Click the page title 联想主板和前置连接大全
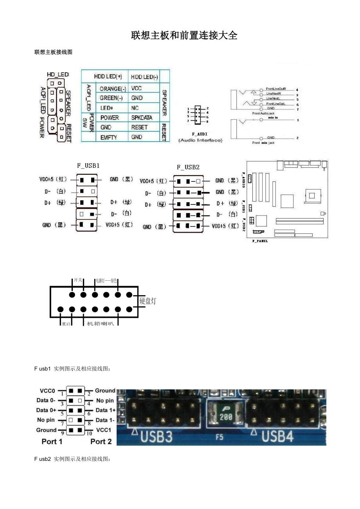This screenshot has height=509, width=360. coord(184,36)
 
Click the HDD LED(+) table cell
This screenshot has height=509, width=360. coord(108,77)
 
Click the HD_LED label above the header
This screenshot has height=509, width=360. coord(58,74)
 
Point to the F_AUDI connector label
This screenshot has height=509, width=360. coord(200,134)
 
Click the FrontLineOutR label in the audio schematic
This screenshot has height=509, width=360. coord(276,89)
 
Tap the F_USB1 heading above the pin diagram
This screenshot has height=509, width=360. coord(88,165)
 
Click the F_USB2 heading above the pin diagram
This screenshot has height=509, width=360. coord(188,167)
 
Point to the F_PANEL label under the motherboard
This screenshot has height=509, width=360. coord(260,241)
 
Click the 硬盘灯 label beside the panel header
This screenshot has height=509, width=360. coord(148,301)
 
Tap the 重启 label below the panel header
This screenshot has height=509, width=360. coord(66,324)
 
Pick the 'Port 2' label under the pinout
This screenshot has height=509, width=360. coord(101,441)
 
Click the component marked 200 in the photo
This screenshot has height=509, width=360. coord(226,417)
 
